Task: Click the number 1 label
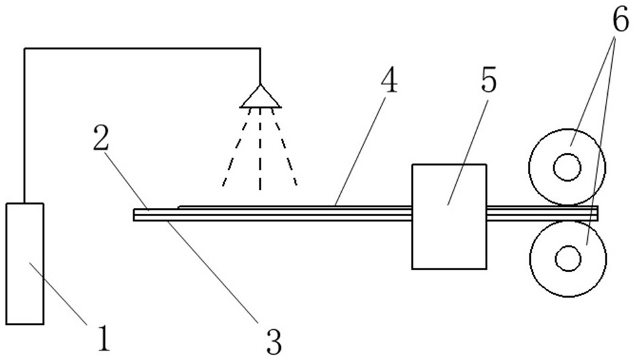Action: coord(104,339)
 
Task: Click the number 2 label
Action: coord(101,138)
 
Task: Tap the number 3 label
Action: coord(273,341)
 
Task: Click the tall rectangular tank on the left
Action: coord(25,263)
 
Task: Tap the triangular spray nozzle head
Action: coord(261,97)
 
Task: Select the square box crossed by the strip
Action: coord(449,217)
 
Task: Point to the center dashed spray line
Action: coord(260,149)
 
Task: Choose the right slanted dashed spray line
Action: coord(285,147)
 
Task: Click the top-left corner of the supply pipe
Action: coord(25,49)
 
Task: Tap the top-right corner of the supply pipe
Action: coord(260,49)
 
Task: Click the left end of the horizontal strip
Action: coord(134,215)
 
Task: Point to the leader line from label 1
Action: coord(58,293)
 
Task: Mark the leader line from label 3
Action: coord(212,272)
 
